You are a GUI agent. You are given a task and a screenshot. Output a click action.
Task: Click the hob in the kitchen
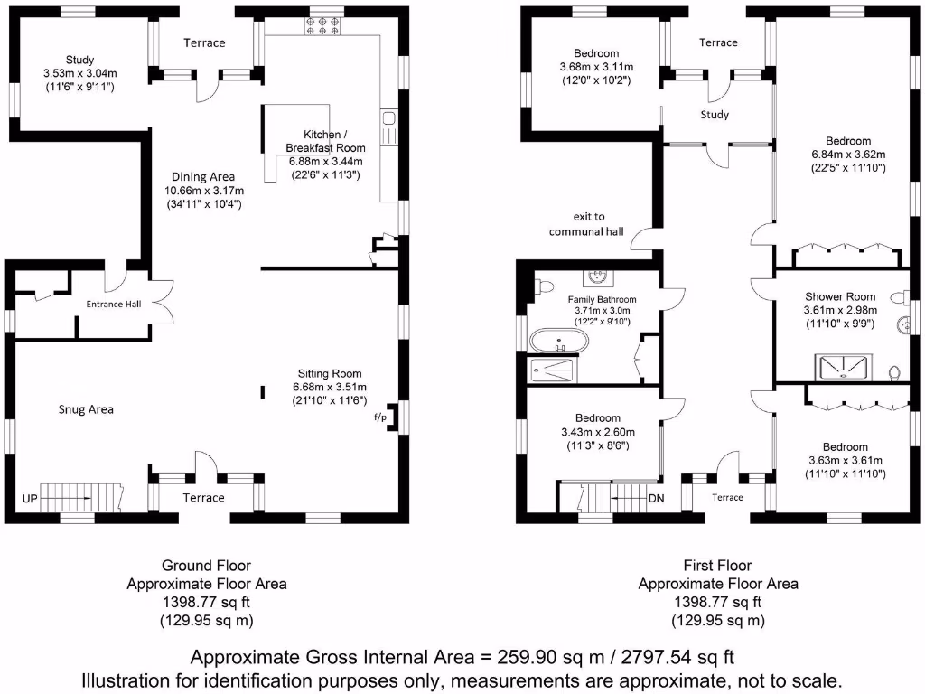[x=322, y=24]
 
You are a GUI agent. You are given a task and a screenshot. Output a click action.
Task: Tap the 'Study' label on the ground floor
[x=79, y=61]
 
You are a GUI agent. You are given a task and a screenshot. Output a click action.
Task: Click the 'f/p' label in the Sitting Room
[x=379, y=417]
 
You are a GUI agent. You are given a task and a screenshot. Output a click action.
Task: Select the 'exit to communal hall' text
[x=588, y=224]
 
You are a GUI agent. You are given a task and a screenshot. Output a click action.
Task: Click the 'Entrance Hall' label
[x=113, y=304]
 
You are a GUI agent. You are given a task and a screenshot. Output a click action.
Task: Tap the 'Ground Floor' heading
[x=206, y=566]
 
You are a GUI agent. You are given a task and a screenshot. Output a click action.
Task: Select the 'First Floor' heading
[x=718, y=566]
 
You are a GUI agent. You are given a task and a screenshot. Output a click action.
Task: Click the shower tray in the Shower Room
[x=846, y=365]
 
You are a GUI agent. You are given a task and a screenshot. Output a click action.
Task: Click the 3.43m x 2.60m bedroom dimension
[x=598, y=432]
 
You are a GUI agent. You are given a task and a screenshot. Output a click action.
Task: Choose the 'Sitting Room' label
[x=331, y=373]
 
